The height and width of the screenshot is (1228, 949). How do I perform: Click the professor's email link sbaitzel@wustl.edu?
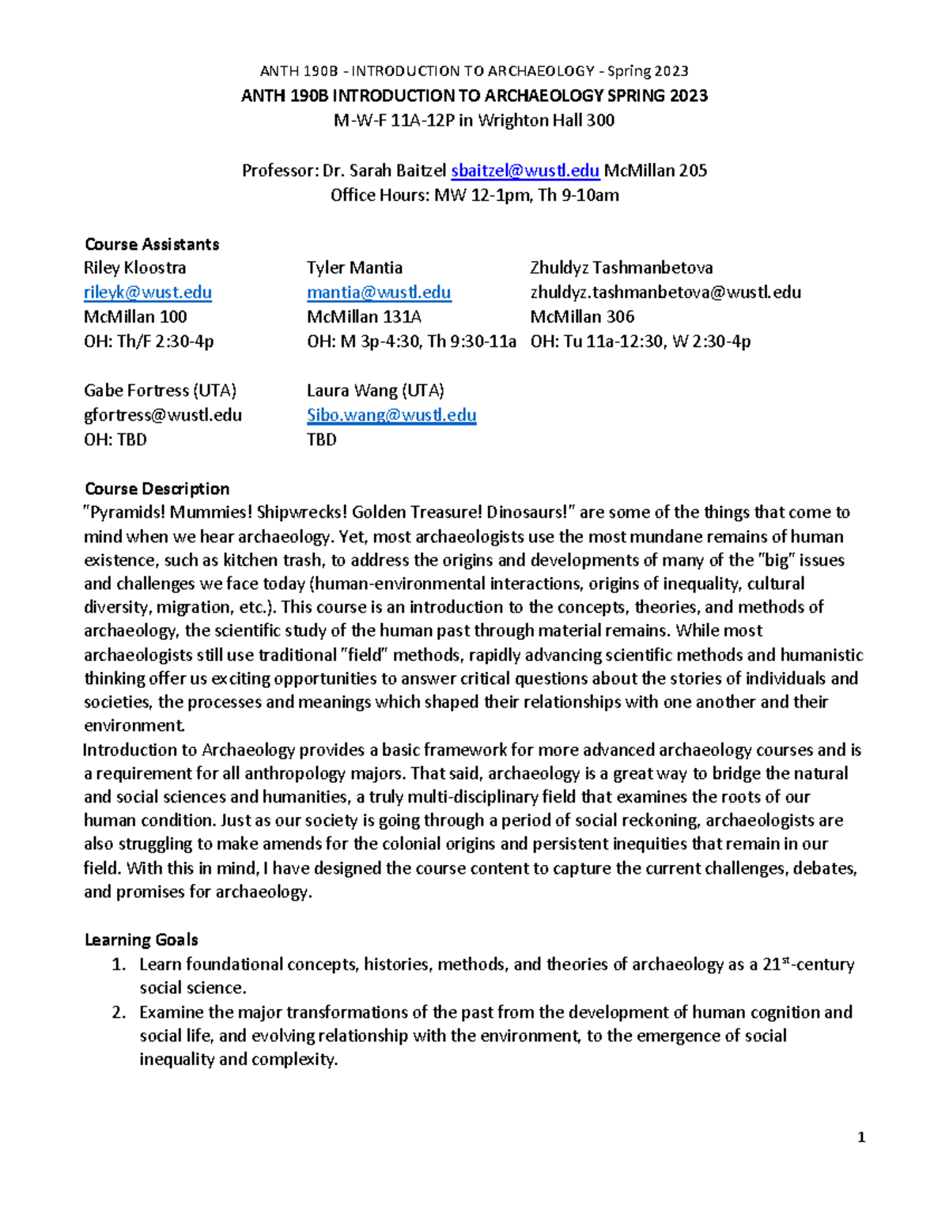(525, 171)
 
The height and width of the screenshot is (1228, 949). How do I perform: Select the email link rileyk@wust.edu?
(148, 293)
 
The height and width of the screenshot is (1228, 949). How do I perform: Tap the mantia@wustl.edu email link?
(379, 293)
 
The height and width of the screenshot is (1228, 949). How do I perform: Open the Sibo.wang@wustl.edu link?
(391, 415)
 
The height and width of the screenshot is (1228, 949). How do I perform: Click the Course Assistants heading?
(152, 244)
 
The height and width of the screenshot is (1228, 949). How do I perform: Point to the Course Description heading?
(157, 489)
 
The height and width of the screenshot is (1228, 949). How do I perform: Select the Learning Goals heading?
(141, 939)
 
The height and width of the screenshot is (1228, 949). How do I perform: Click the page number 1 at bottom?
(861, 1138)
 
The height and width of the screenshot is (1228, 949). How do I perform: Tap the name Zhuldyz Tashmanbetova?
(622, 268)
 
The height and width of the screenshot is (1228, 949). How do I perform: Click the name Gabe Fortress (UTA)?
(160, 391)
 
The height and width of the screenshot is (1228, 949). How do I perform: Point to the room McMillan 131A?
(364, 317)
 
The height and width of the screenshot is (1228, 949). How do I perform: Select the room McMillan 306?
(582, 317)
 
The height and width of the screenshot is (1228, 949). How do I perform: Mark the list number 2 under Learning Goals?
(119, 1012)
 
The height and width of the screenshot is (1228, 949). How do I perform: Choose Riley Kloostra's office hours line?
(149, 342)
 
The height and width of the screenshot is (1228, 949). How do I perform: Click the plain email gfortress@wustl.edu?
(163, 415)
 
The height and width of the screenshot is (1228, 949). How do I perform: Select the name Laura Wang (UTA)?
(375, 391)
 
